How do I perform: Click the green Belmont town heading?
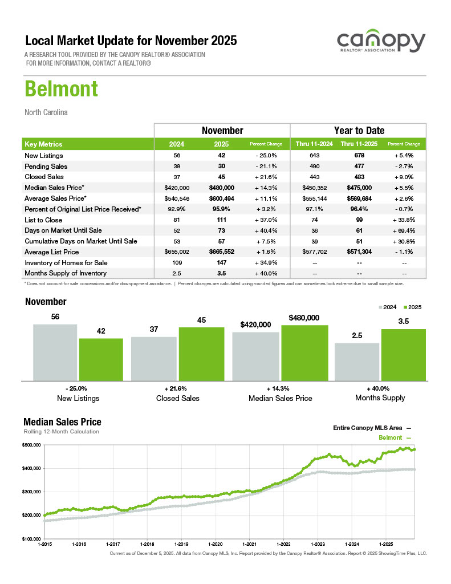point(61,89)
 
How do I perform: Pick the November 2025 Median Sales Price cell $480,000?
point(222,188)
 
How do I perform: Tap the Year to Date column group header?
point(359,131)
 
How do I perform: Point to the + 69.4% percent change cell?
point(404,230)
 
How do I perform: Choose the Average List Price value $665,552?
point(222,252)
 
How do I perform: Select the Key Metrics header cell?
point(44,144)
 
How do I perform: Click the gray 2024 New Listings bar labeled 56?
point(55,352)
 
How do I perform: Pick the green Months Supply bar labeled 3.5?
point(404,354)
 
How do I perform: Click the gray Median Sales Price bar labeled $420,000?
point(255,356)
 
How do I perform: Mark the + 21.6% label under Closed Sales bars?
point(177,388)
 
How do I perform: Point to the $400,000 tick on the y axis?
point(31,468)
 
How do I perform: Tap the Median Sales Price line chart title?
point(62,422)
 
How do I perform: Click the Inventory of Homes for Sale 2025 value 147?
point(222,262)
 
